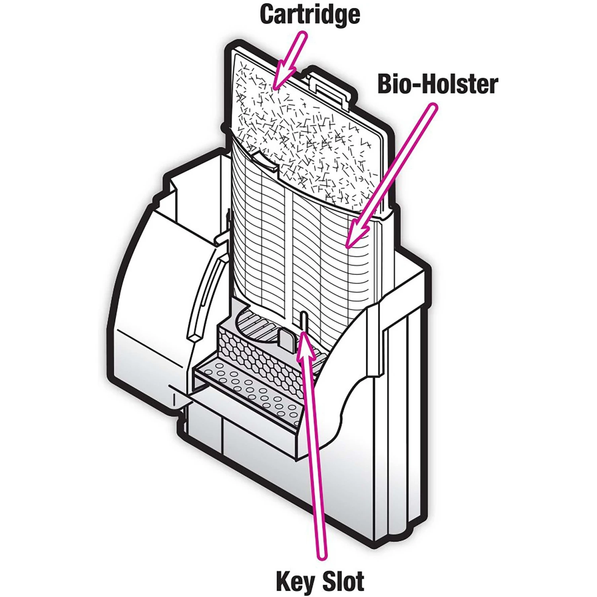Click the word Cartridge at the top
(310, 15)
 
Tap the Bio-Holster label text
(437, 84)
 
